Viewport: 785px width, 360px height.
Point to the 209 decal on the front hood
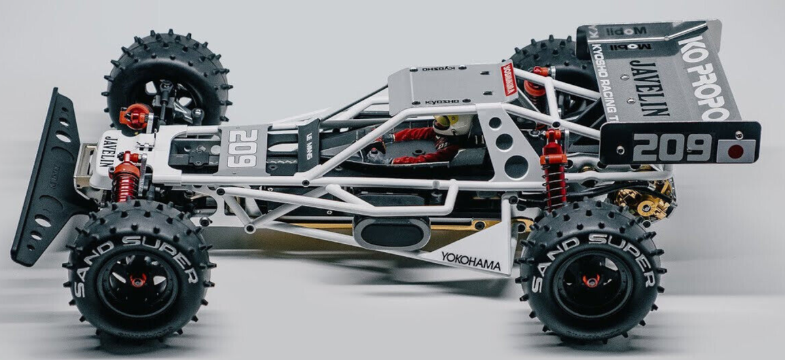[x=242, y=148]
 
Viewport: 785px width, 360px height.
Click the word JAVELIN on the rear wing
[x=649, y=88]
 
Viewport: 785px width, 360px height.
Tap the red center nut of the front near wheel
[x=139, y=281]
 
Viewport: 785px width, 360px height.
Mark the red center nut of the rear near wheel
[x=589, y=281]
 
